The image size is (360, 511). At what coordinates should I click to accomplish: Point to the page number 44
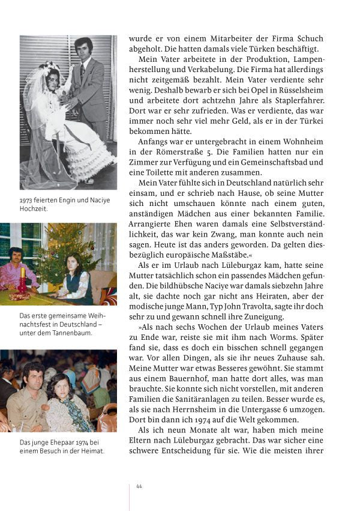(139, 486)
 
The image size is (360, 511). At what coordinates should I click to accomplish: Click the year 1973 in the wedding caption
(27, 201)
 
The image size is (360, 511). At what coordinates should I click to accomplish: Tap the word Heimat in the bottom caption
(91, 452)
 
